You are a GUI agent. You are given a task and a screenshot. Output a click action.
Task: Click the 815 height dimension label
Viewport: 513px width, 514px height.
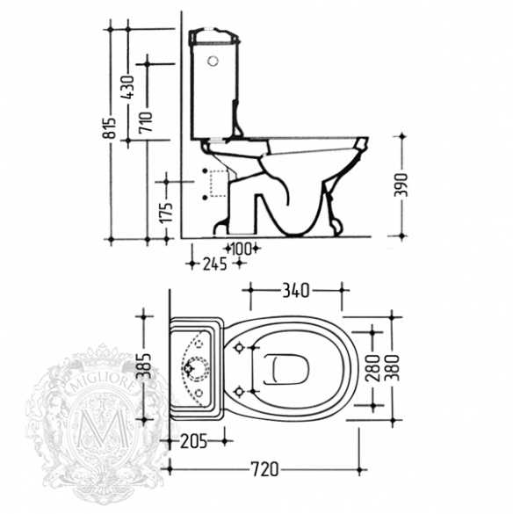coord(112,127)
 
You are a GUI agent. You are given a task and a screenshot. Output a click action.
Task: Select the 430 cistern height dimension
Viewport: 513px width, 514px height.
coord(128,87)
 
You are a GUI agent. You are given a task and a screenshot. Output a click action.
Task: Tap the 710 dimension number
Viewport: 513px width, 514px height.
coord(146,121)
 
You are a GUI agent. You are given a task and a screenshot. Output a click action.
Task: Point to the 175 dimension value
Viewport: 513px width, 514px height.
coord(167,212)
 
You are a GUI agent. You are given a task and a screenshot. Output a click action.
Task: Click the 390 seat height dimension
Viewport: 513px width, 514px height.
coord(401,185)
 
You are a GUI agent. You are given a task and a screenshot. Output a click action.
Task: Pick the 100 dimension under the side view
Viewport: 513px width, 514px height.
coord(242,249)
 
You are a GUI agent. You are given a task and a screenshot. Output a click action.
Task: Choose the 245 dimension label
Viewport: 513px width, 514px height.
coord(214,264)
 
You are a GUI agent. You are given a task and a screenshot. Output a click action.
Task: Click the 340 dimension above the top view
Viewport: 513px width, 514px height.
coord(296,291)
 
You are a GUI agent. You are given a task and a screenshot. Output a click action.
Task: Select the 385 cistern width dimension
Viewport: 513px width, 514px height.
coord(145,366)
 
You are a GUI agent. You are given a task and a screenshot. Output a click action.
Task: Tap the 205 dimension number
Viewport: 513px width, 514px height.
coord(194,441)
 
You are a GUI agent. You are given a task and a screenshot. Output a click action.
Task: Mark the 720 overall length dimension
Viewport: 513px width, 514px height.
coord(264,469)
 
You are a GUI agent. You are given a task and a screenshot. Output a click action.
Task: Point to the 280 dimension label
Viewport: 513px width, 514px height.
coord(372,368)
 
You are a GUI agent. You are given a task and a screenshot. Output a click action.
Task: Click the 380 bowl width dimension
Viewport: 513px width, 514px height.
coord(393,368)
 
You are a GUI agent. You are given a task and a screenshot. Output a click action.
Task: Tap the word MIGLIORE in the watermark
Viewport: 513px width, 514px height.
coord(103,385)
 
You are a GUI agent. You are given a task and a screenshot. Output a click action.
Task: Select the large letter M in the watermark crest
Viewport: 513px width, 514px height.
coord(102,428)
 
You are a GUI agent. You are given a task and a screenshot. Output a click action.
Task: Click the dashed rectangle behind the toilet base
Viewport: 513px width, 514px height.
coord(219,184)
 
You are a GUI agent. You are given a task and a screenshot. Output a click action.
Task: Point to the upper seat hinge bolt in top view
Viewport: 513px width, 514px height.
coord(239,347)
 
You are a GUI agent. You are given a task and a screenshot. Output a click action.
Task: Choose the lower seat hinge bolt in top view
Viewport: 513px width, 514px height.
coord(239,391)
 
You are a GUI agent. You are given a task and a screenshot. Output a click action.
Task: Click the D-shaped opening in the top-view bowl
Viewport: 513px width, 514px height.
coord(285,369)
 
